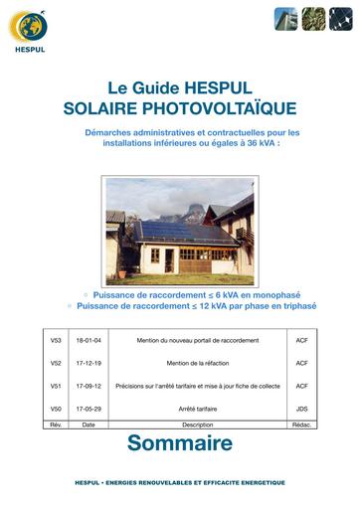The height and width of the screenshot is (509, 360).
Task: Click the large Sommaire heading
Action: pyautogui.click(x=180, y=442)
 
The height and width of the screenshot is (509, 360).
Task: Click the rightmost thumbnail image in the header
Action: pyautogui.click(x=339, y=18)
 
